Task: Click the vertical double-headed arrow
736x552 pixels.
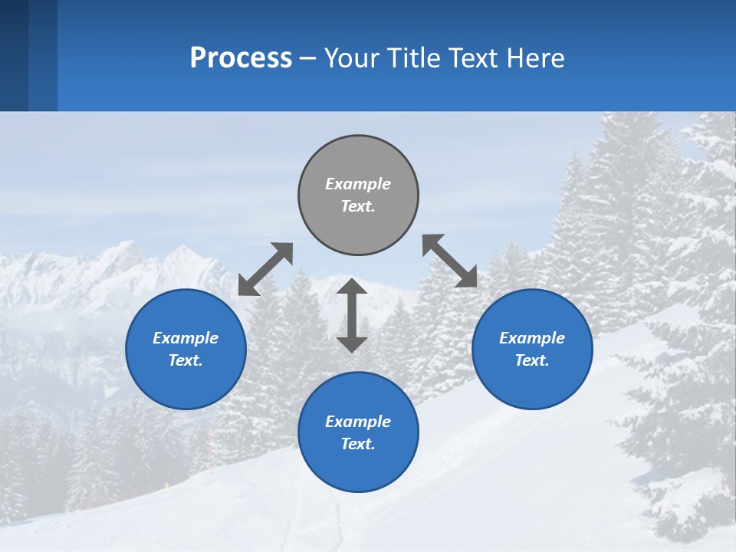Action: point(352,315)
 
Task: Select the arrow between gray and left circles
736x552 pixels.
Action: point(265,269)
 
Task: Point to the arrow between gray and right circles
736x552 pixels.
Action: point(449,261)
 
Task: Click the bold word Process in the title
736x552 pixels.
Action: point(241,58)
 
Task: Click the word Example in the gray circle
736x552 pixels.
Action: point(358,184)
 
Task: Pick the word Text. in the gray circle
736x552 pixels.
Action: point(358,206)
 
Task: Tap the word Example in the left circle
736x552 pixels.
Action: point(186,338)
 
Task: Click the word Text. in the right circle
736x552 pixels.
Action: point(532,360)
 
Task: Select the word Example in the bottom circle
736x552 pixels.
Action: point(358,422)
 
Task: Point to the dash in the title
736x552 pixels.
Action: point(307,59)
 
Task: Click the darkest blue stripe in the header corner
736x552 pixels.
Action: point(14,55)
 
